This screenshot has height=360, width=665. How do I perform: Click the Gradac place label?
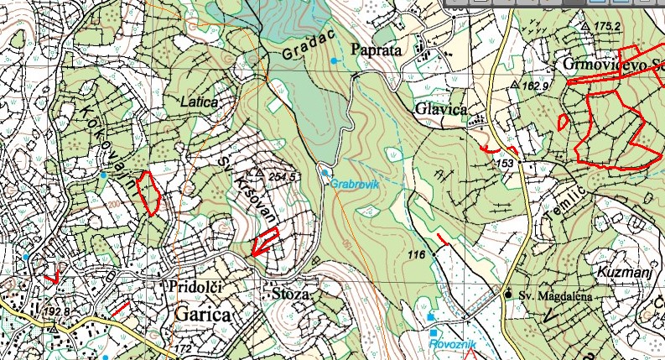[303, 51]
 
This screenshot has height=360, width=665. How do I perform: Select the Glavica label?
[439, 109]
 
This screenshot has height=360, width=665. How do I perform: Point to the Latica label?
[199, 101]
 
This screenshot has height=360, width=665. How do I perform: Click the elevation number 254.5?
[284, 177]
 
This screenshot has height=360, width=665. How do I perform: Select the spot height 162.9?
[533, 86]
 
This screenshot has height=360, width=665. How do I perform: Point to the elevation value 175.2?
[605, 27]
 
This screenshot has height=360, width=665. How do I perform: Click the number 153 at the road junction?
[505, 163]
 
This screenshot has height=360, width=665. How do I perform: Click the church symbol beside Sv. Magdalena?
[507, 294]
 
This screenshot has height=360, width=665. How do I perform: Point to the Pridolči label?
[195, 287]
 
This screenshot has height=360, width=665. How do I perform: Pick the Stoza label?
[292, 295]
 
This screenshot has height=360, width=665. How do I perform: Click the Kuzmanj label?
[621, 272]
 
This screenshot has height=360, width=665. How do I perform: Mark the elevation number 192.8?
[55, 311]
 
